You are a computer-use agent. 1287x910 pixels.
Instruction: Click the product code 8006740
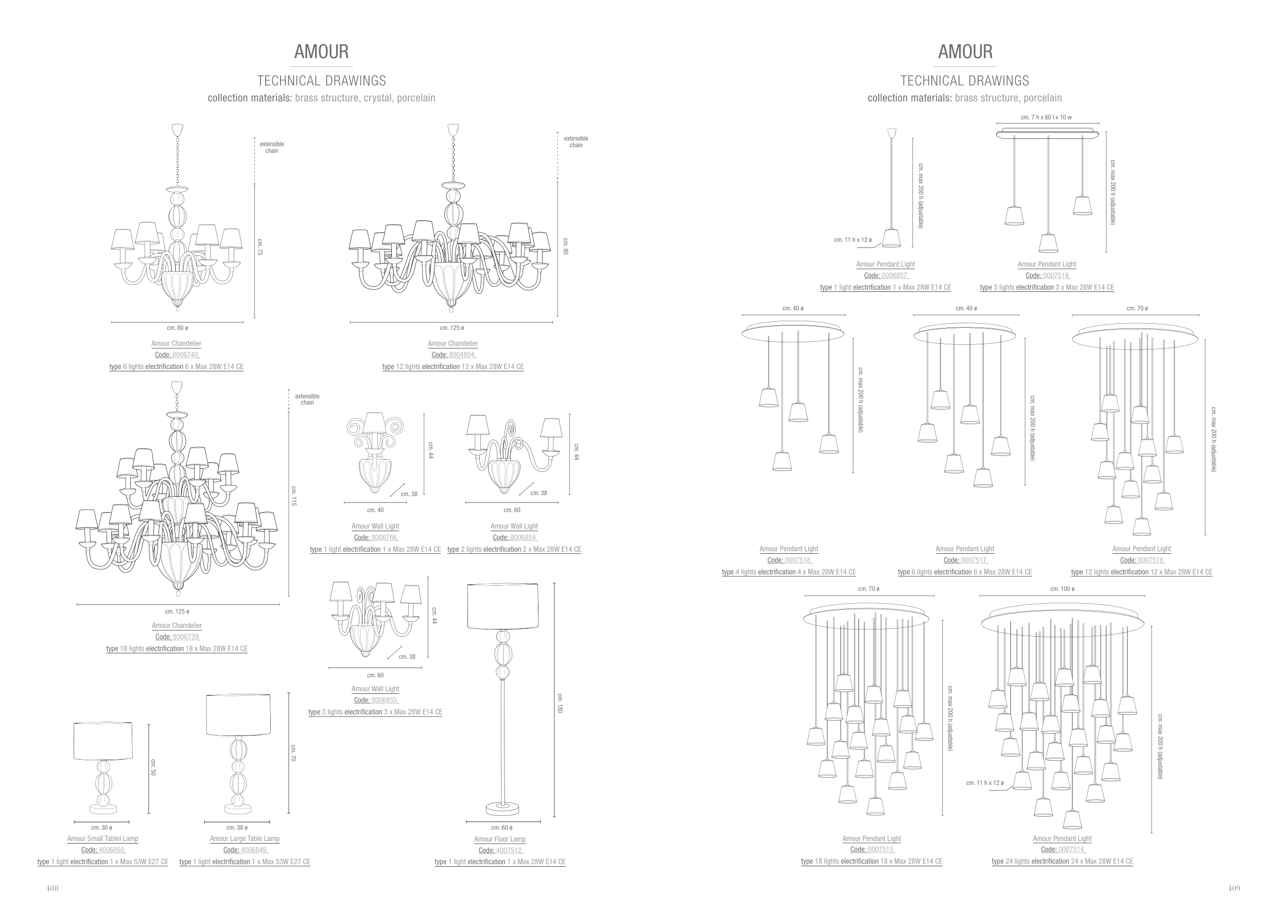click(x=185, y=355)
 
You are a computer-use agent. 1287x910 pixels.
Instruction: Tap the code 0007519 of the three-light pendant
click(x=1055, y=276)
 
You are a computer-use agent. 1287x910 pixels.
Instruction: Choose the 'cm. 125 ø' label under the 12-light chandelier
click(x=452, y=328)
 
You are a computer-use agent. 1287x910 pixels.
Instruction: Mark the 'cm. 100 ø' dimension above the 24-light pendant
click(x=1062, y=589)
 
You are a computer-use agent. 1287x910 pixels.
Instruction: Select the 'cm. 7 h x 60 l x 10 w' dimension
click(x=1046, y=118)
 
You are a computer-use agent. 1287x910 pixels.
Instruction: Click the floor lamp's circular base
click(x=502, y=809)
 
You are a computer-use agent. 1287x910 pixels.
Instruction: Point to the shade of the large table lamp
click(x=238, y=714)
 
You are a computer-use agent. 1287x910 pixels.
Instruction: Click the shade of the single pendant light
click(x=891, y=238)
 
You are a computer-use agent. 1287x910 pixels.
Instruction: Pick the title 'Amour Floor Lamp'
click(x=500, y=839)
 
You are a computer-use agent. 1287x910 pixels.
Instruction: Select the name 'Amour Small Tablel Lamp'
click(x=102, y=839)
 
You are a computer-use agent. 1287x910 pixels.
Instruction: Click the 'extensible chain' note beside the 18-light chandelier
click(x=307, y=399)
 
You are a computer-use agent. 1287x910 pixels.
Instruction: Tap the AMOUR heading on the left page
click(x=321, y=51)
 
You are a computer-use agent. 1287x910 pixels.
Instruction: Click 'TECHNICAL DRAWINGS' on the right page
click(x=965, y=81)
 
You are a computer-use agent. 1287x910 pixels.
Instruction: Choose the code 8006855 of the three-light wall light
click(x=384, y=700)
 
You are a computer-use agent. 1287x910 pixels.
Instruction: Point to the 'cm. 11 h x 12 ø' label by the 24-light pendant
click(x=985, y=783)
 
